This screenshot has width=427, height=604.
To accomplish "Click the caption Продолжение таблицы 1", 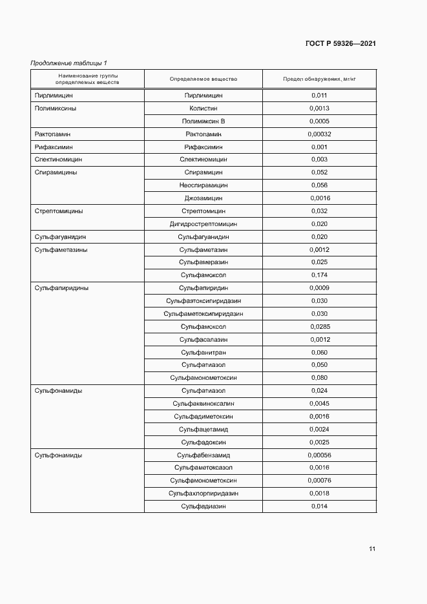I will tap(69, 63).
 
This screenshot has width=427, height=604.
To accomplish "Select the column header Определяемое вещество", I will tap(203, 79).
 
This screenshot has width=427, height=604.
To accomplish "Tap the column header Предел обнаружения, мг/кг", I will tap(319, 79).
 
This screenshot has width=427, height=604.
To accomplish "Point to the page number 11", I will tap(372, 549).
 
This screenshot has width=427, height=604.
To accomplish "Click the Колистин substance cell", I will tap(203, 108).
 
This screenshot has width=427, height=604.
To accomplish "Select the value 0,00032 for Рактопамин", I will tap(319, 134).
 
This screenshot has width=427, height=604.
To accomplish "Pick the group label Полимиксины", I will tap(56, 108).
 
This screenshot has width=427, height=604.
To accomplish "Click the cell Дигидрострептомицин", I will tap(203, 224).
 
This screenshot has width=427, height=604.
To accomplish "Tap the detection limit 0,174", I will tap(319, 275).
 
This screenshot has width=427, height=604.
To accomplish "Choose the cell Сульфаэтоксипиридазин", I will tap(203, 300).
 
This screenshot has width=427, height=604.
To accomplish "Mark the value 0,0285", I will tap(319, 326).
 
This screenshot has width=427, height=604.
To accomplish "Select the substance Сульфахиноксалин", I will tap(203, 403).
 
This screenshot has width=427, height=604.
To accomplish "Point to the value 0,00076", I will tap(319, 480).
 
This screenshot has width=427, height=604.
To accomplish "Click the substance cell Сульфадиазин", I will tap(203, 506).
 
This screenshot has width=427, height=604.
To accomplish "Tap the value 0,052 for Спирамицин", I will tap(319, 172).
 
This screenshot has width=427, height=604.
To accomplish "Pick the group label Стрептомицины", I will tap(59, 211).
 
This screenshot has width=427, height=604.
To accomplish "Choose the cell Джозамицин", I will tap(203, 198).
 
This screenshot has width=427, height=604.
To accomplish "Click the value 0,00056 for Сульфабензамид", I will tap(319, 455).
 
